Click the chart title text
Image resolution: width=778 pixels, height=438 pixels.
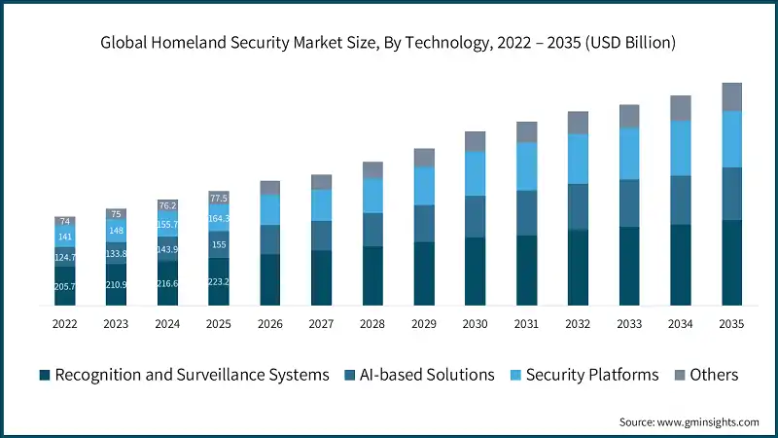click(389, 43)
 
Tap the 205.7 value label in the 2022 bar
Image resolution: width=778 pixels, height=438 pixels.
click(66, 287)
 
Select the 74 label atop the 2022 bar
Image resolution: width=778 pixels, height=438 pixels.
click(66, 222)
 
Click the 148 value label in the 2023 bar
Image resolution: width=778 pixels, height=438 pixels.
click(117, 231)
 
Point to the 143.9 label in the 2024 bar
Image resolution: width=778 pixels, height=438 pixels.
click(167, 249)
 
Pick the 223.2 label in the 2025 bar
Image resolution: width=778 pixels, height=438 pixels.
click(219, 281)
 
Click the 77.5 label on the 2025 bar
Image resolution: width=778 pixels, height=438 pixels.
click(219, 198)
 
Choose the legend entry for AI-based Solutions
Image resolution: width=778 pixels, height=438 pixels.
click(428, 375)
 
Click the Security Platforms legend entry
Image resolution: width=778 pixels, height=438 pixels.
click(591, 375)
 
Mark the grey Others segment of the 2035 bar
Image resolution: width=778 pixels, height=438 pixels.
click(731, 96)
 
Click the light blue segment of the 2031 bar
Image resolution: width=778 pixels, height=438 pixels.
click(526, 165)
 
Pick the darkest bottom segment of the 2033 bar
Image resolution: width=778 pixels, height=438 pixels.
click(629, 266)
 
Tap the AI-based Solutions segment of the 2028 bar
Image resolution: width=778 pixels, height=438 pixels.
click(372, 229)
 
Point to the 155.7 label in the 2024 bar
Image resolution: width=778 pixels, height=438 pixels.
click(167, 224)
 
